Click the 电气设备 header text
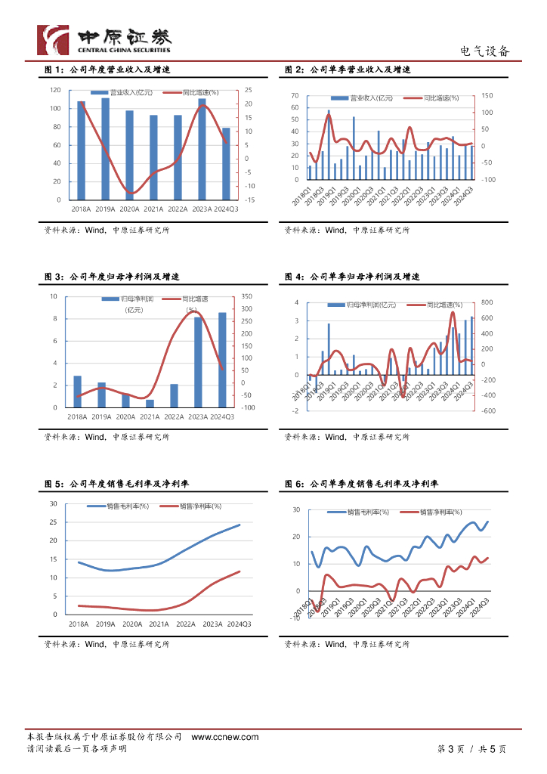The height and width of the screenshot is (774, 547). click(x=485, y=51)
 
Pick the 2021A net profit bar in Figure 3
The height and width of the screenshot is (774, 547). click(x=150, y=403)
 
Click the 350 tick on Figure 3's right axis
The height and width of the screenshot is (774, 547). click(x=247, y=296)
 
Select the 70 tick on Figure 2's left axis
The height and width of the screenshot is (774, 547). click(x=295, y=96)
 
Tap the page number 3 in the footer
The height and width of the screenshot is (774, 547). click(x=450, y=749)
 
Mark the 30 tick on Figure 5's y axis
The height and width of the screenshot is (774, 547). click(x=53, y=503)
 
